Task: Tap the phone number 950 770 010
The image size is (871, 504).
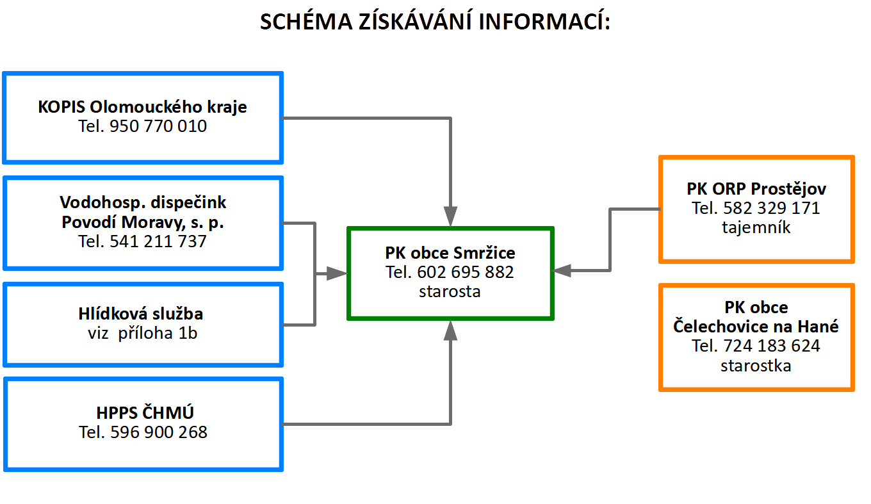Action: point(158,126)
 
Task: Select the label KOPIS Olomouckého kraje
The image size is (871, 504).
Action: point(142,106)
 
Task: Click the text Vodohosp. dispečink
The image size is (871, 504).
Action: point(143,202)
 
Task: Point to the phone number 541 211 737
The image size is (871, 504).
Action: point(158,241)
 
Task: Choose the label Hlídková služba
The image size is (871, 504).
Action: point(141,313)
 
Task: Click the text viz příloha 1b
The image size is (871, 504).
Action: point(142,333)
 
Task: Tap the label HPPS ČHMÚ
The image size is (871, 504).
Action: point(145,412)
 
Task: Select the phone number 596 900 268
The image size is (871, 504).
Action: point(159,432)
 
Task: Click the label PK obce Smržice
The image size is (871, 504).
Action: point(450,253)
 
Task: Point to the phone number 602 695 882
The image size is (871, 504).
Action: point(466,272)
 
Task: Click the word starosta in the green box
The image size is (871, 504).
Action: point(450,291)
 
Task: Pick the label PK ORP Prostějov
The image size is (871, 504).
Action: point(756,189)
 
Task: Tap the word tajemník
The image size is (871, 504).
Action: point(756,227)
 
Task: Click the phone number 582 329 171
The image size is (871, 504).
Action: point(772,208)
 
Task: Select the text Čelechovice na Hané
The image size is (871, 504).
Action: point(756,326)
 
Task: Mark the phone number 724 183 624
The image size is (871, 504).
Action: point(772,346)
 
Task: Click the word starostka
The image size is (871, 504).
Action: point(756,366)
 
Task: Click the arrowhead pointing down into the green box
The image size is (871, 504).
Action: point(450,216)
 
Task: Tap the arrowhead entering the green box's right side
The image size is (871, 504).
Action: point(562,271)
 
